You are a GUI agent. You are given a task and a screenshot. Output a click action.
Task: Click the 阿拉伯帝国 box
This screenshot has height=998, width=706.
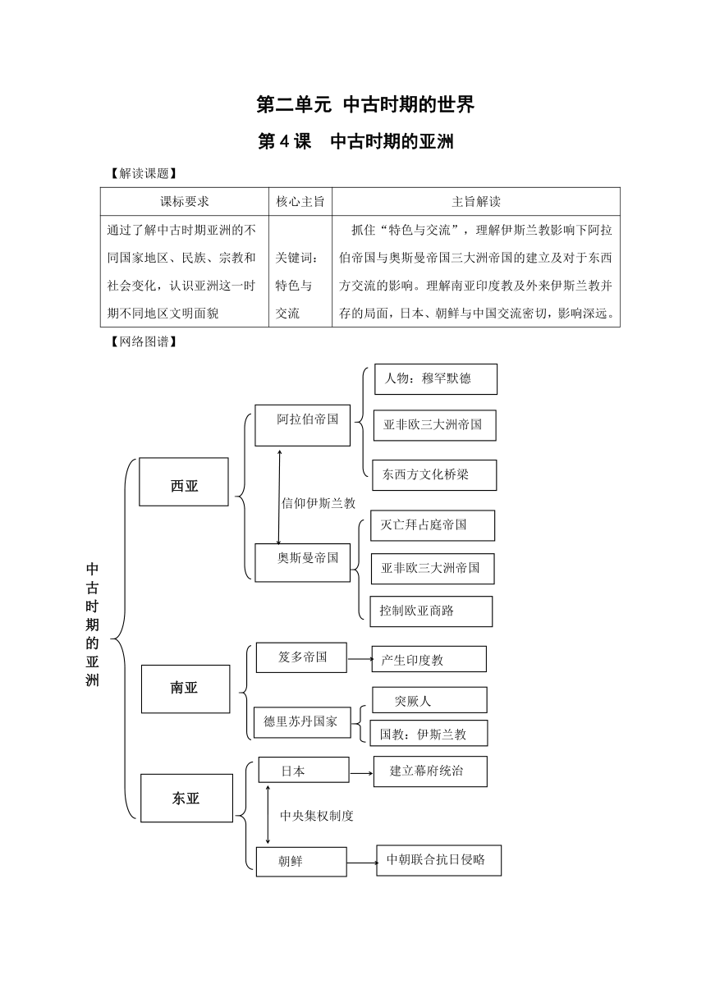click(302, 425)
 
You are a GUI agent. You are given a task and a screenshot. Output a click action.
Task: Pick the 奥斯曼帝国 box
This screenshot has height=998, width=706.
click(302, 562)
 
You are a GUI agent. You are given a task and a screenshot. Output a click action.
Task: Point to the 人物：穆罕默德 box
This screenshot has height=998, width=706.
click(435, 379)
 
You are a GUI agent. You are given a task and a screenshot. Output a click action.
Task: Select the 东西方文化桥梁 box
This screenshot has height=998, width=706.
click(434, 475)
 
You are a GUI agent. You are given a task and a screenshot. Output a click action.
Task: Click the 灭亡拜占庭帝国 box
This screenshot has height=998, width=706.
click(433, 525)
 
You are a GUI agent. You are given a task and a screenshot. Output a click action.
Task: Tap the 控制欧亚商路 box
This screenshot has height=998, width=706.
click(431, 611)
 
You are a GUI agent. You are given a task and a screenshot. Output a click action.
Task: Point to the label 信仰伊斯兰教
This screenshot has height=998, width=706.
click(319, 503)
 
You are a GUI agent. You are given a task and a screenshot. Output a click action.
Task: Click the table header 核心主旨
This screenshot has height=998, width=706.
click(300, 201)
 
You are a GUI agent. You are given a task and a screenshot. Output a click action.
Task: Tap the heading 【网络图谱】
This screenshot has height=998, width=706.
click(144, 341)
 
